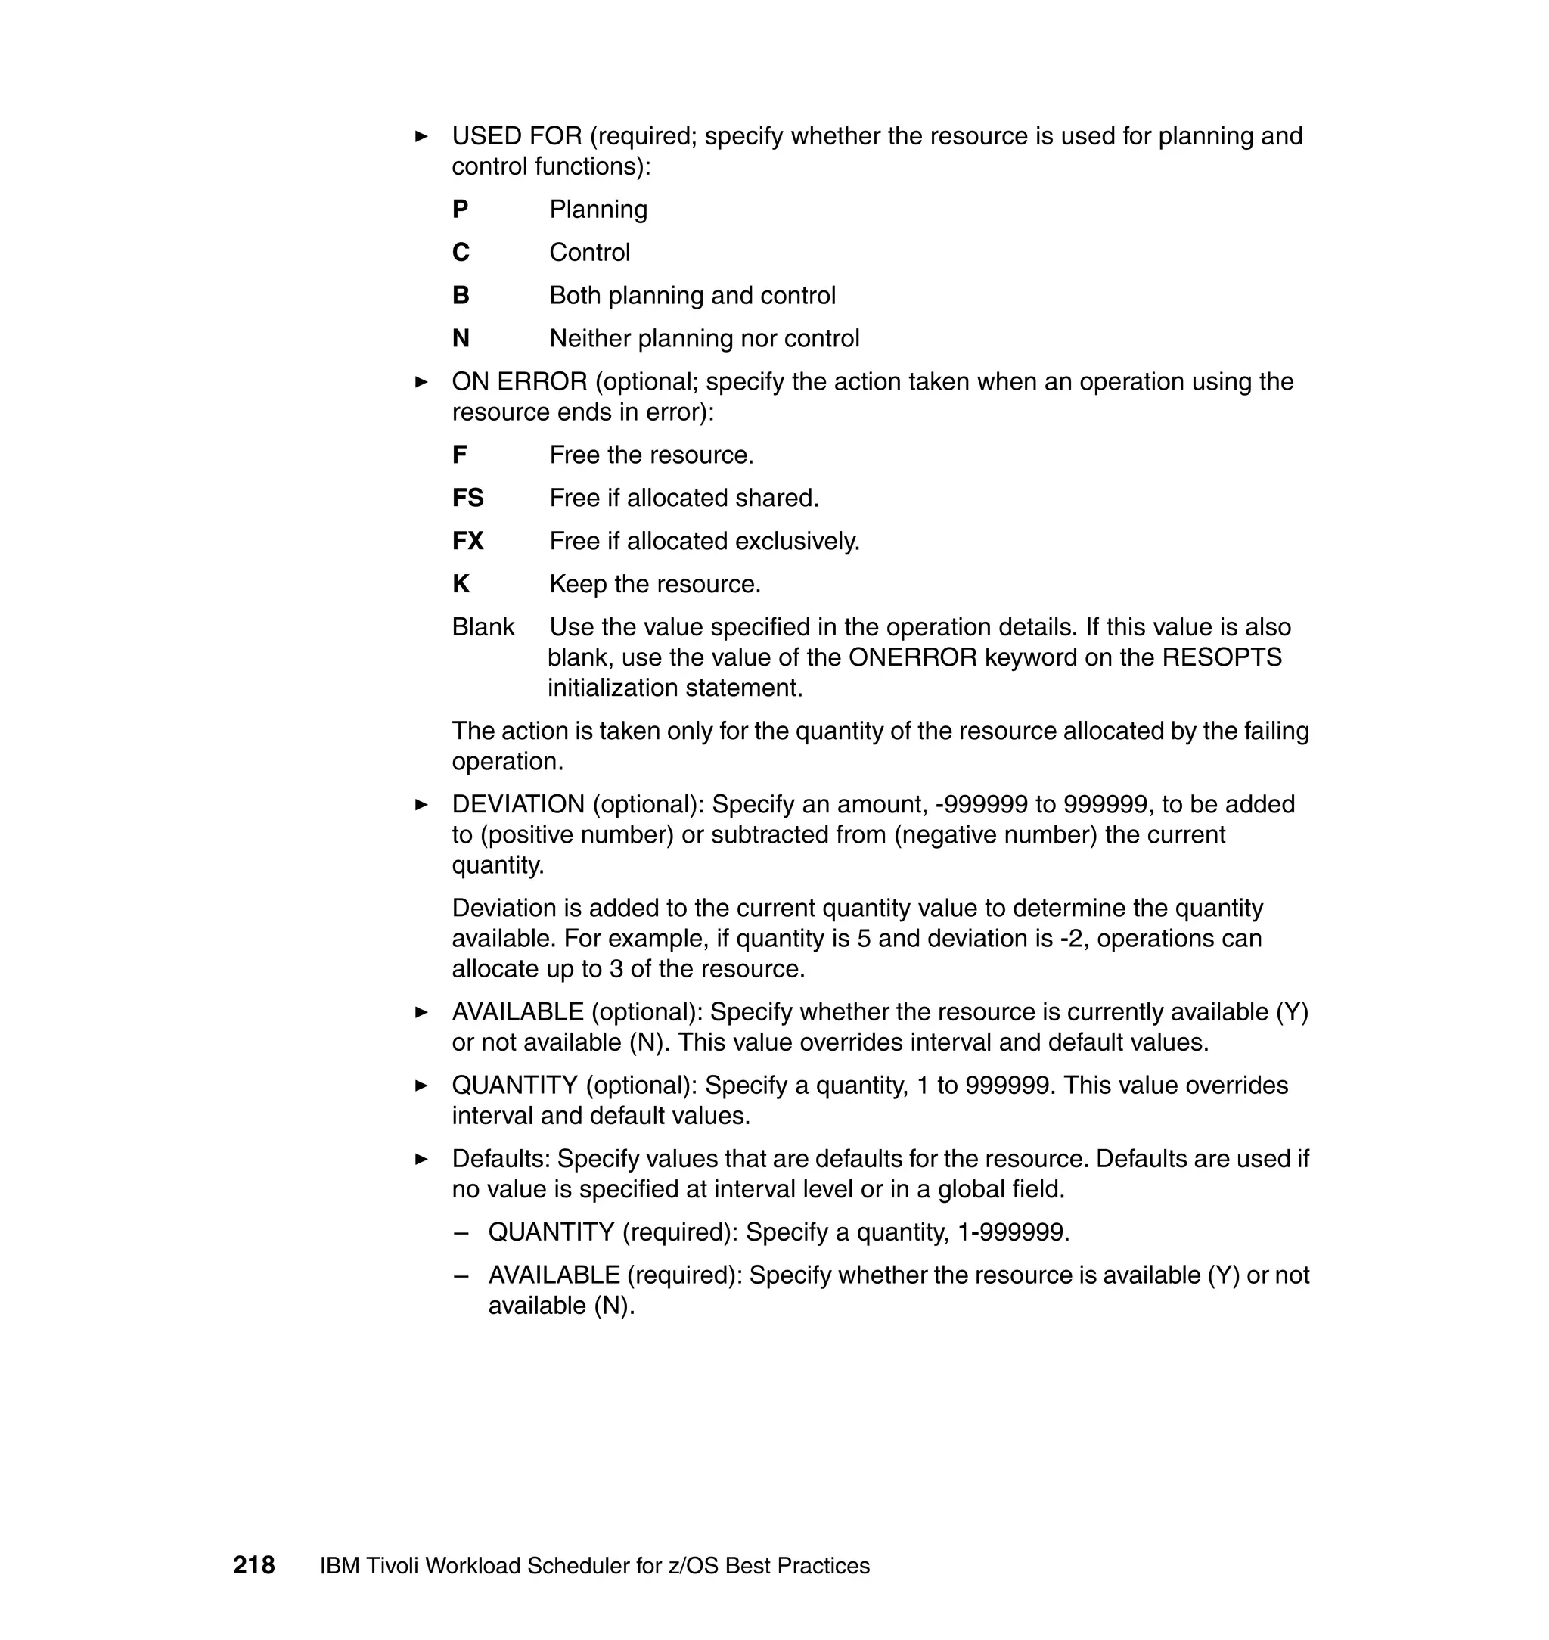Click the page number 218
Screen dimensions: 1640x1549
point(253,1565)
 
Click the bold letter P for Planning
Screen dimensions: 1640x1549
point(460,210)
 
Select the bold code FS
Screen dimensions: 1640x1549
point(467,498)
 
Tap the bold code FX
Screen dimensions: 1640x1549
point(467,541)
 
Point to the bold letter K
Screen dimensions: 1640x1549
point(461,584)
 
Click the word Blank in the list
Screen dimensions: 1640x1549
point(483,627)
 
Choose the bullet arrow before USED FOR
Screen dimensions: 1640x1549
point(421,136)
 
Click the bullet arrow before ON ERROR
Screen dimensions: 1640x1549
point(421,382)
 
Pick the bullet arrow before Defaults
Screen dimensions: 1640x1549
point(421,1160)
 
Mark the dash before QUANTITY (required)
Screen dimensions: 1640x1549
point(461,1233)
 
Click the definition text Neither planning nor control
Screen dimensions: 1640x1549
point(703,339)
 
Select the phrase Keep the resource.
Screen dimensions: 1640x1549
point(654,584)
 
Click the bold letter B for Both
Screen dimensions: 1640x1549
point(461,296)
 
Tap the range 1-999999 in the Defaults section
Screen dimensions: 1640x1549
point(1012,1233)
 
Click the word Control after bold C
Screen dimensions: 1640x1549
point(588,253)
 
